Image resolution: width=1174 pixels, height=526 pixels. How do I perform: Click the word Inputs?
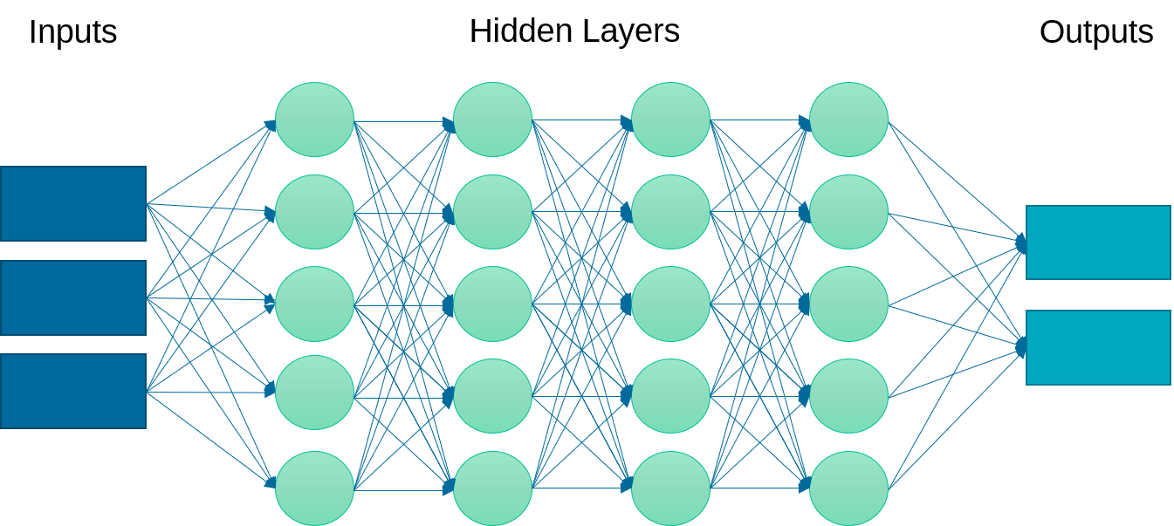click(72, 33)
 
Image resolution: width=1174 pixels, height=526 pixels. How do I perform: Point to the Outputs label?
click(1096, 33)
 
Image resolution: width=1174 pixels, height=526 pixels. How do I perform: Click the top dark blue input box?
click(73, 203)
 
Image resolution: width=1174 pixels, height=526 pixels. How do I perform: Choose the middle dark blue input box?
click(73, 297)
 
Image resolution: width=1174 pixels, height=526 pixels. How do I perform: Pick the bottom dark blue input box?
click(73, 391)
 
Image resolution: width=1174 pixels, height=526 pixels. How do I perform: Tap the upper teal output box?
click(1098, 243)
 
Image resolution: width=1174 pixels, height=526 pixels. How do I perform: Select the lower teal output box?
click(1098, 347)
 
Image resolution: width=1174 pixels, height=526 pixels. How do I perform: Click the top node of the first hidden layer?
click(315, 120)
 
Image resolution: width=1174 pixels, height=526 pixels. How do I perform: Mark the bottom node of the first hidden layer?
click(315, 488)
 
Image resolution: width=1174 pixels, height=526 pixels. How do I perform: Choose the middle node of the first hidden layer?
click(315, 304)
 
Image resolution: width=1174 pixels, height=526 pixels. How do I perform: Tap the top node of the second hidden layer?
click(493, 120)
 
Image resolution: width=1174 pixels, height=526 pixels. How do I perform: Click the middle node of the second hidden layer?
click(493, 304)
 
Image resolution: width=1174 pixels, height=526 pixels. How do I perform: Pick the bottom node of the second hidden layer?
click(493, 488)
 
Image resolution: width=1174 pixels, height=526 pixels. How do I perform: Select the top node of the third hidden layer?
click(671, 120)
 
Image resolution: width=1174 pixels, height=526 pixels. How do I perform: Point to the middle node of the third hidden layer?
click(671, 304)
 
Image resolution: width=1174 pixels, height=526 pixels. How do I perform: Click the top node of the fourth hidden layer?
click(849, 120)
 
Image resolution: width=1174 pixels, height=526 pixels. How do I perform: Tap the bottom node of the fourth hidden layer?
click(849, 488)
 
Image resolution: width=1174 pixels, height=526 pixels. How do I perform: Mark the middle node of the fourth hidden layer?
click(849, 304)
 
